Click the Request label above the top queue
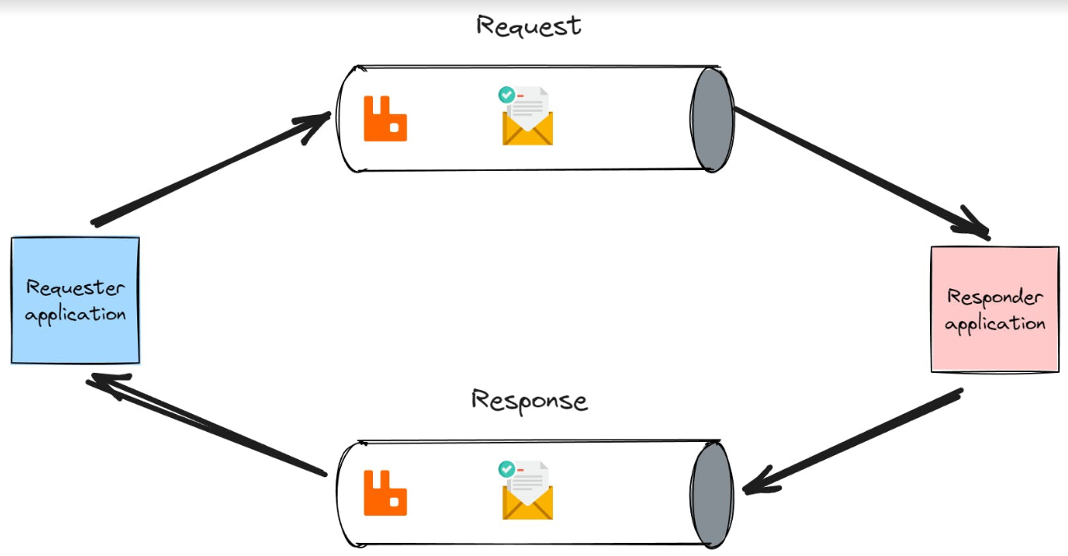[x=528, y=25]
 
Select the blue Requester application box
[x=75, y=301]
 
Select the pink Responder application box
[x=994, y=310]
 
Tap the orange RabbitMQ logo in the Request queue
[x=385, y=119]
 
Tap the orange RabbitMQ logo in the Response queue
[x=385, y=493]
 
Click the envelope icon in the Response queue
[x=527, y=497]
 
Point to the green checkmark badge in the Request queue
[x=507, y=95]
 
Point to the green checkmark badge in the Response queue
[x=507, y=469]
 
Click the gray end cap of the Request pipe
[x=709, y=119]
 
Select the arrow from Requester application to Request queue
[x=209, y=169]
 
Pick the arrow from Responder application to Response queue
[x=854, y=443]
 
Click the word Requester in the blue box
[x=75, y=288]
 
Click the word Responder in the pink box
[x=994, y=297]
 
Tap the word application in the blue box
[x=75, y=315]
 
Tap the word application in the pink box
[x=994, y=324]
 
